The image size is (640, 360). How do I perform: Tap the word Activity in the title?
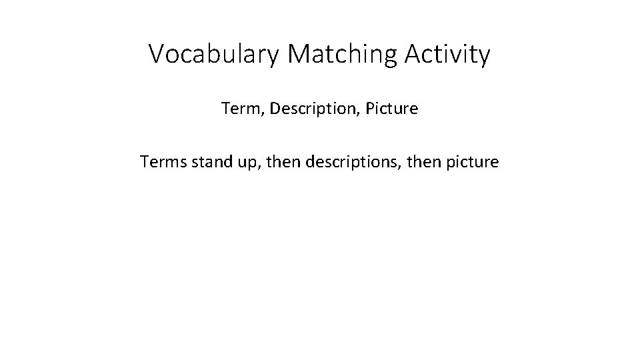coord(447,55)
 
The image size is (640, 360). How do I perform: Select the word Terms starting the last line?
coord(161,161)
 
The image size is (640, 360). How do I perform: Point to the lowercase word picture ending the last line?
coord(472,161)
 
